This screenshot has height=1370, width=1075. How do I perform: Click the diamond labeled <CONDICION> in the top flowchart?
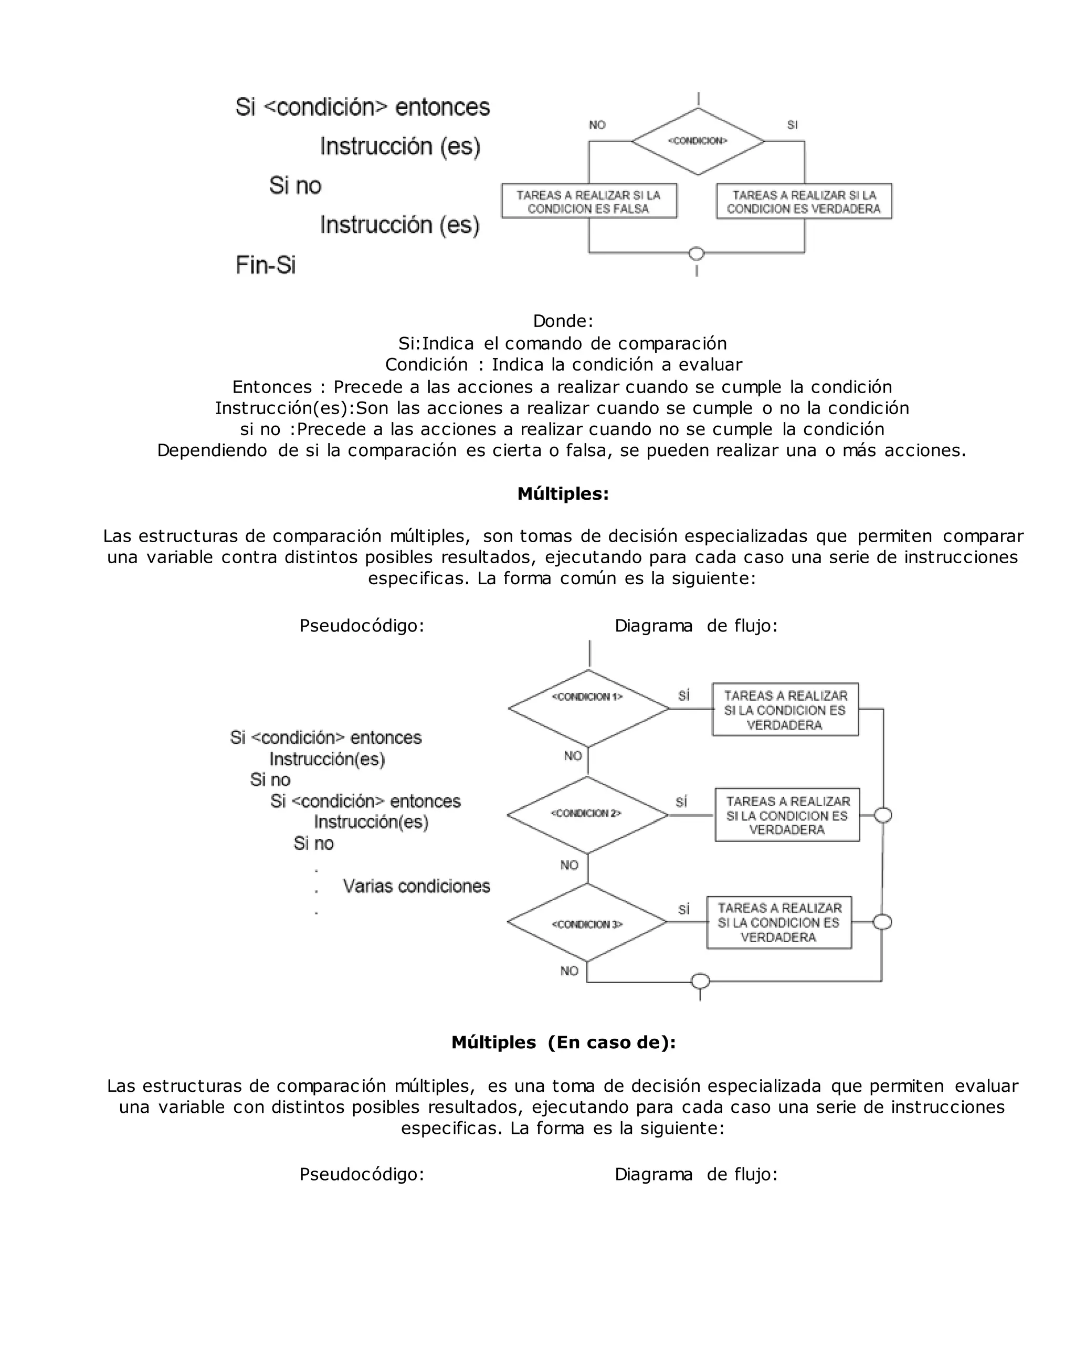(x=698, y=141)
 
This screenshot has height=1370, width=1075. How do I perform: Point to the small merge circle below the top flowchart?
(x=697, y=254)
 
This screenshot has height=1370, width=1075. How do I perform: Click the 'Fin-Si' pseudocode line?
(x=266, y=265)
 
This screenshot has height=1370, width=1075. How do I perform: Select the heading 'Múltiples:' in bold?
(x=563, y=494)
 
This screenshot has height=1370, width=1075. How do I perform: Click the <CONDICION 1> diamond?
(x=588, y=708)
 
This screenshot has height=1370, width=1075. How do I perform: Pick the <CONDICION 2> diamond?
(x=587, y=815)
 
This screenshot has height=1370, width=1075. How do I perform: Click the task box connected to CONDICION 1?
(x=785, y=710)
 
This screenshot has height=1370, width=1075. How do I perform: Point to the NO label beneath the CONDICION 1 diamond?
(x=573, y=756)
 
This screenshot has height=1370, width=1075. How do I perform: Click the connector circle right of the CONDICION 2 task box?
(x=883, y=816)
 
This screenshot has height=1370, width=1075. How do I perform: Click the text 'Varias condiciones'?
(x=416, y=886)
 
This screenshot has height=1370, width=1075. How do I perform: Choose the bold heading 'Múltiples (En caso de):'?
(x=563, y=1043)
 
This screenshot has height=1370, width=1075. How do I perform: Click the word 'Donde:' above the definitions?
(x=563, y=321)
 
